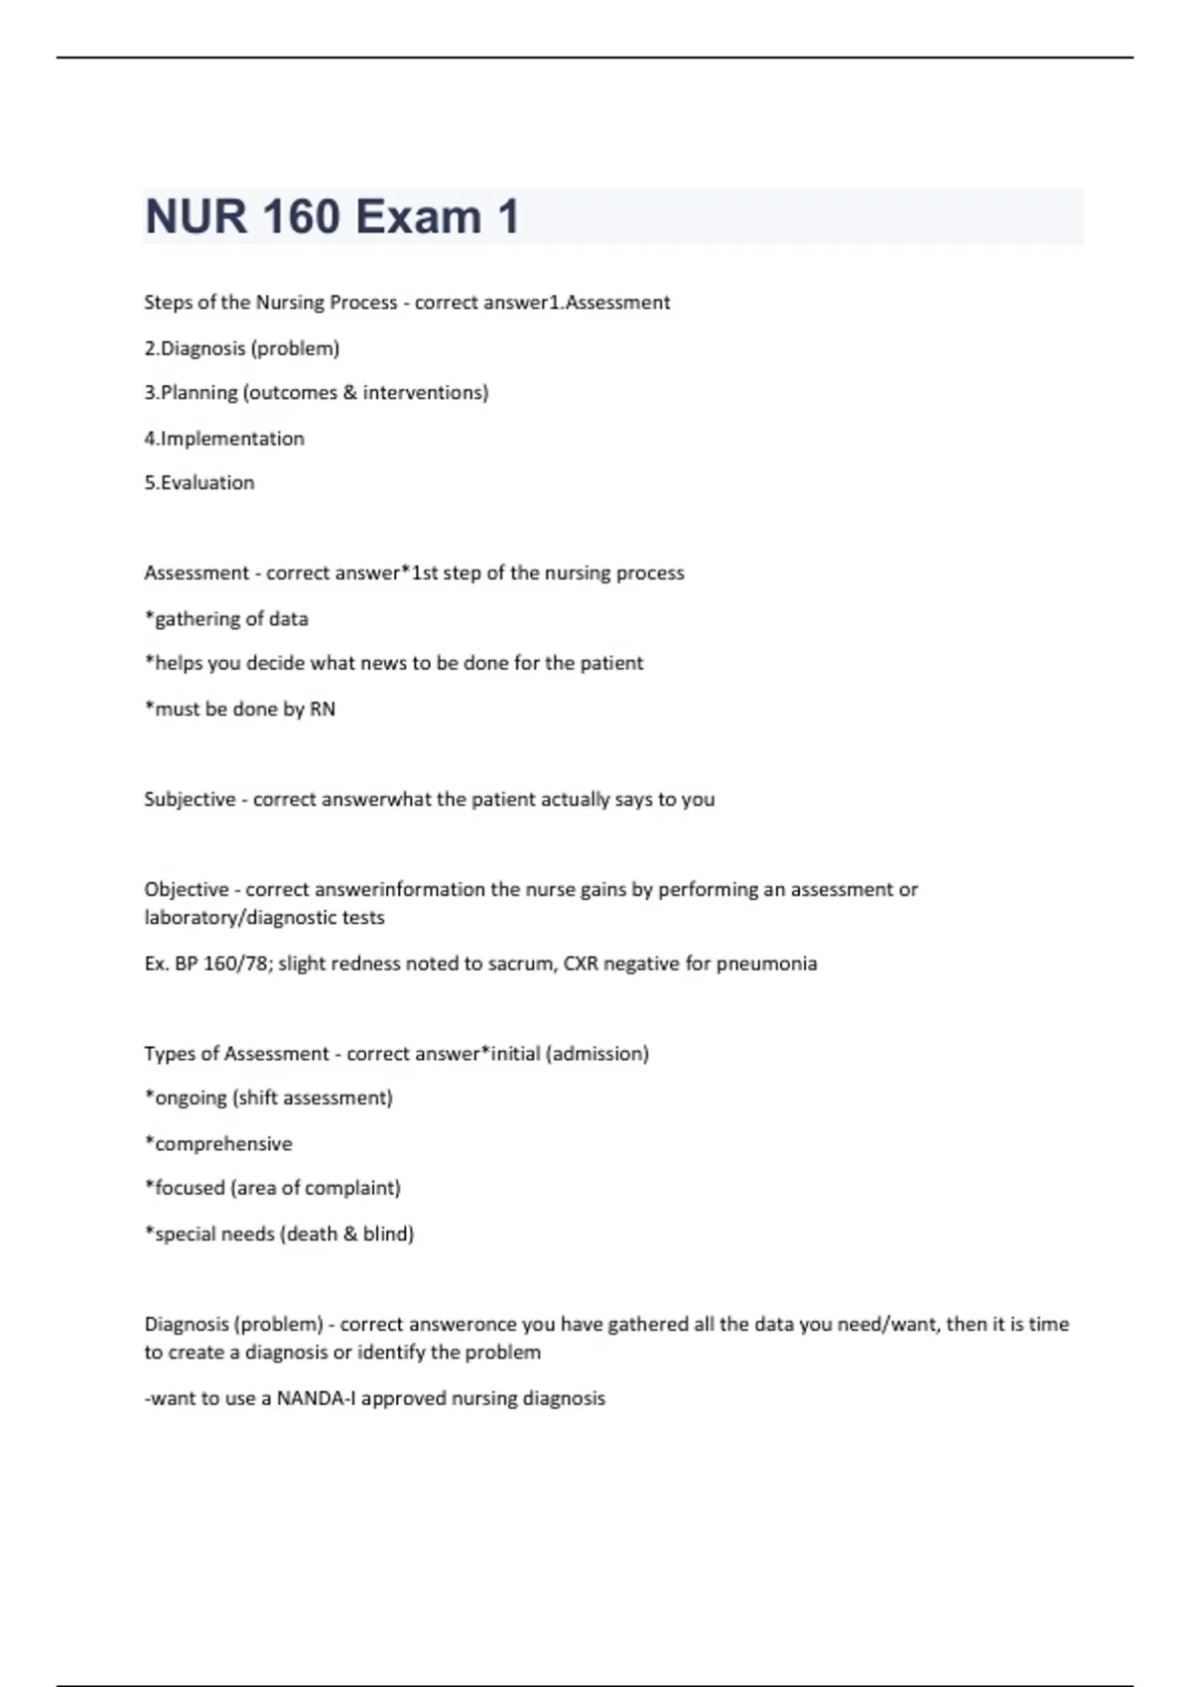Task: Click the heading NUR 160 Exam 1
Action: (331, 217)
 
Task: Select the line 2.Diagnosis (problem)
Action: (241, 348)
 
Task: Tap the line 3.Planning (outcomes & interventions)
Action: (316, 393)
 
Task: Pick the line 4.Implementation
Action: (224, 439)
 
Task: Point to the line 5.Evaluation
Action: (199, 483)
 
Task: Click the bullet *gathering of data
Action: (226, 619)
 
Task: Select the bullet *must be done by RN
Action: (240, 710)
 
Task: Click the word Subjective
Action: (190, 800)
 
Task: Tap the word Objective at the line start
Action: (187, 890)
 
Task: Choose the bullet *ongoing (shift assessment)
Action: (268, 1099)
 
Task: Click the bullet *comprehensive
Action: (218, 1144)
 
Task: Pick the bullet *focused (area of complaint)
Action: (272, 1189)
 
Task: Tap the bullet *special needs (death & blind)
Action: (279, 1234)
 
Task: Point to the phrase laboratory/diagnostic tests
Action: (264, 918)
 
